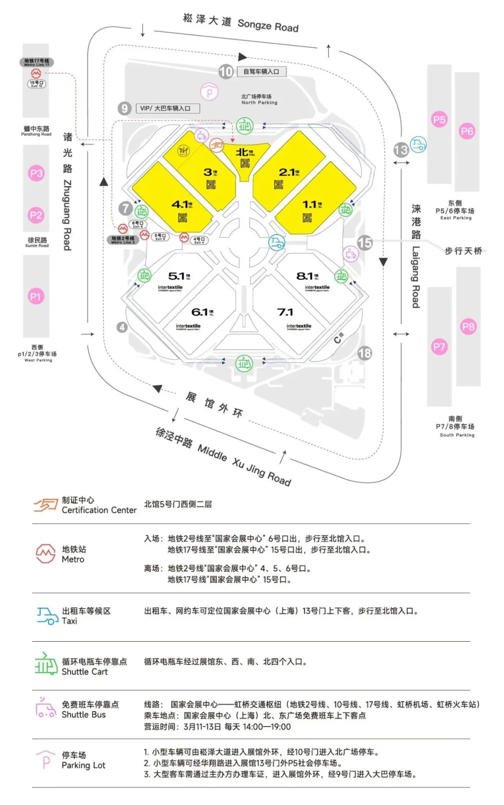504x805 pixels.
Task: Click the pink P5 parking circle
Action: [439, 119]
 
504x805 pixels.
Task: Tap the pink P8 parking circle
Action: [468, 327]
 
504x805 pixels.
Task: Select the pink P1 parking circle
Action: [36, 296]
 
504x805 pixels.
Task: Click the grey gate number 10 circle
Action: [226, 72]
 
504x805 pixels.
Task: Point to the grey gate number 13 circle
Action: [401, 150]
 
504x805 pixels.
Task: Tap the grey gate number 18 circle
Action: [364, 353]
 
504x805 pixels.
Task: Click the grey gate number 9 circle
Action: [124, 108]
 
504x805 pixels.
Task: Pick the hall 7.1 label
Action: [285, 312]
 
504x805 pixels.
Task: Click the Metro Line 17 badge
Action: [36, 62]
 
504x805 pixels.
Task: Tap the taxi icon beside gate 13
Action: [418, 145]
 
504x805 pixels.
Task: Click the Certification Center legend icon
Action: [45, 504]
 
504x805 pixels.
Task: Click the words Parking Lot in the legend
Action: [84, 765]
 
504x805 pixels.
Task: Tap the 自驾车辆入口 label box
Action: [261, 71]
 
